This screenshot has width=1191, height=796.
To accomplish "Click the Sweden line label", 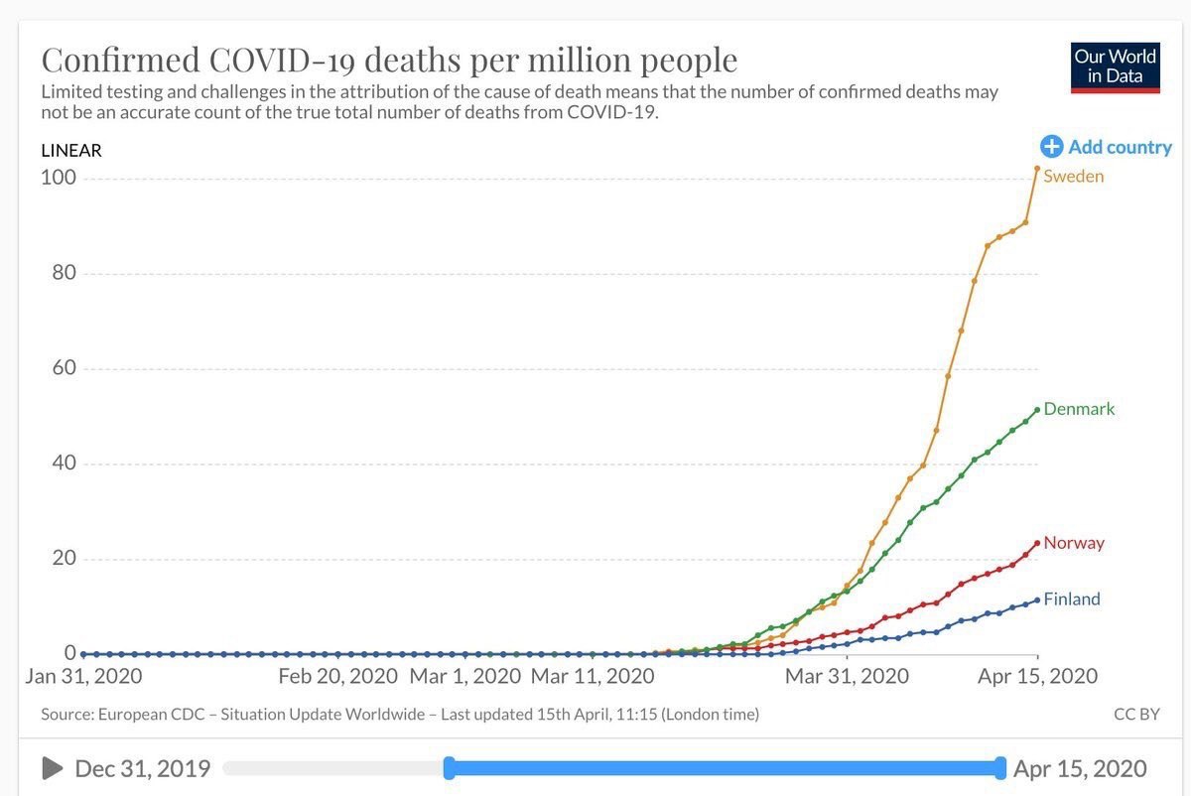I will point(1073,177).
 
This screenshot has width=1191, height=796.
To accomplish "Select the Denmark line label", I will point(1079,409).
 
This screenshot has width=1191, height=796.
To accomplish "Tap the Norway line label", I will point(1073,543).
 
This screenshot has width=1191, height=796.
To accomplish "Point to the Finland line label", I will point(1072,599).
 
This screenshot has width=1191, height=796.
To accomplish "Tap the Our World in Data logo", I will point(1116,66).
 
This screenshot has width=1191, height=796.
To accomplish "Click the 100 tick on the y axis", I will point(58,178).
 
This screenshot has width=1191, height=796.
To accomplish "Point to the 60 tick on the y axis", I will point(64,368).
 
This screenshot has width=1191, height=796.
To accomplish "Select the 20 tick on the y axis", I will point(64,559).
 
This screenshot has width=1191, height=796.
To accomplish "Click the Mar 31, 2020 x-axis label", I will point(847,677).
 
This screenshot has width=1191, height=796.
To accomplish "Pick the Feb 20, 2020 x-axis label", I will point(337,677).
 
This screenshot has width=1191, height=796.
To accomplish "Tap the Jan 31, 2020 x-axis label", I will point(82,677).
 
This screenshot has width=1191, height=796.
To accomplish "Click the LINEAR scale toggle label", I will point(71,151).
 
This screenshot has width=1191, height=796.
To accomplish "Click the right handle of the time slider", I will point(1000,767).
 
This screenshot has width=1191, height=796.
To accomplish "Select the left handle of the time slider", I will point(449,767).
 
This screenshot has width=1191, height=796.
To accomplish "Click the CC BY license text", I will point(1136,715).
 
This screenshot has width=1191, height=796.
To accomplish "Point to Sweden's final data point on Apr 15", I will point(1037,169).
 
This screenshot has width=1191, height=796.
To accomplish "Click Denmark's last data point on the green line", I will point(1037,410).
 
